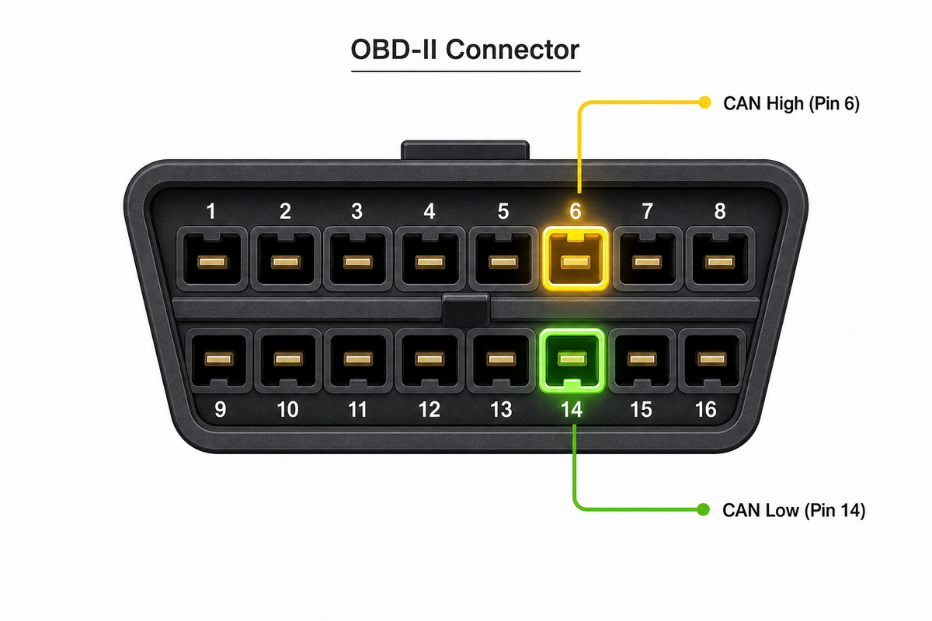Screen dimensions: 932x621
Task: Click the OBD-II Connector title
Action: click(465, 50)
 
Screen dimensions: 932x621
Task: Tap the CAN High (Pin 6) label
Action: click(791, 103)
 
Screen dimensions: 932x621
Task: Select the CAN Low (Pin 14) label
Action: click(794, 510)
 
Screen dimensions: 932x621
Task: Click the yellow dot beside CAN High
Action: click(704, 102)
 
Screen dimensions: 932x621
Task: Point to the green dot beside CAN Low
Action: click(703, 509)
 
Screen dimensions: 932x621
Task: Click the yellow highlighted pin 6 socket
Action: click(576, 258)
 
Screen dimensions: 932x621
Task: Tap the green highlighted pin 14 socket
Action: click(572, 361)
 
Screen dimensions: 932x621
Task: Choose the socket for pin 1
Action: click(212, 258)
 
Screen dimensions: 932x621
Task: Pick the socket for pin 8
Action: click(720, 258)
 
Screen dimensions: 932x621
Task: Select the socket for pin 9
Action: click(219, 361)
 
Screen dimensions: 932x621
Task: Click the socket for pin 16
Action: click(712, 361)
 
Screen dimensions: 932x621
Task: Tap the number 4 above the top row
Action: click(429, 211)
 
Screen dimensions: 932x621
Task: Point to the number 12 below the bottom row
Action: click(429, 410)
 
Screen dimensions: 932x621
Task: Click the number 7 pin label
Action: click(648, 211)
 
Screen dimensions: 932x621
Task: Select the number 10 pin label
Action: click(288, 410)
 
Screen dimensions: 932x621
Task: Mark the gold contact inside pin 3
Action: click(358, 262)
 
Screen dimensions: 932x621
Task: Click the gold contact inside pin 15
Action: click(642, 359)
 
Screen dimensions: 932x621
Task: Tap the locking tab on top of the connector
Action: click(465, 150)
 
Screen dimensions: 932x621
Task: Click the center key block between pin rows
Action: click(465, 310)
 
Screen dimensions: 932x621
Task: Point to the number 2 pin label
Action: click(285, 211)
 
